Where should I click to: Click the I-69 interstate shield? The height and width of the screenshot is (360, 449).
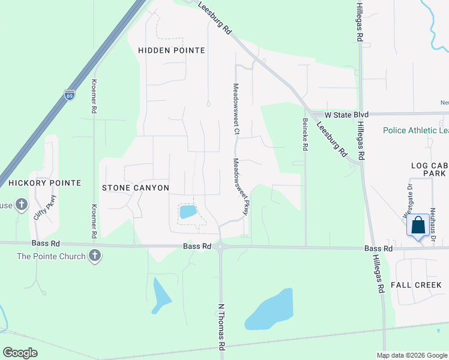(69, 94)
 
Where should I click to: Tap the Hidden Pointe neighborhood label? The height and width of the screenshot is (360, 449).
(172, 50)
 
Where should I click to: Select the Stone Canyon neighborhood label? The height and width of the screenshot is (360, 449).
(136, 188)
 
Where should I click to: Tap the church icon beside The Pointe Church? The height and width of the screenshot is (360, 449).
(94, 256)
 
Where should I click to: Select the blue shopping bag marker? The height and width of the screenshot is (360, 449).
(418, 226)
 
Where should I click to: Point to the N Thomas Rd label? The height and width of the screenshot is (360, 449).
(221, 326)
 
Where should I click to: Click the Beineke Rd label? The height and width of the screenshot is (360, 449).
(305, 133)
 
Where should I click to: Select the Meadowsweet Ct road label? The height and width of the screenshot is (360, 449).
(237, 109)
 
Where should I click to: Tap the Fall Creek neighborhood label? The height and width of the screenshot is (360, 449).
(415, 284)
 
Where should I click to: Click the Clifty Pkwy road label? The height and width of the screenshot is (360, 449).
(44, 207)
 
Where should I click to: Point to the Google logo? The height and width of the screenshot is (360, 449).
(20, 353)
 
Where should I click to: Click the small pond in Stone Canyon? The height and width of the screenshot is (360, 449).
(188, 211)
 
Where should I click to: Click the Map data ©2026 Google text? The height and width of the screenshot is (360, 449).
(411, 355)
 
